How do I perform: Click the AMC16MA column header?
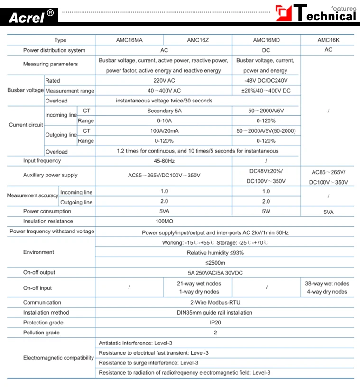tap(129, 40)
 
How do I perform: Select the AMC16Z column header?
tap(198, 40)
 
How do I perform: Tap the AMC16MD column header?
tap(266, 40)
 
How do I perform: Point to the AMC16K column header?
tap(328, 40)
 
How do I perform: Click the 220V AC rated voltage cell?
tap(164, 81)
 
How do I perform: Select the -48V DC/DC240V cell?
tap(266, 81)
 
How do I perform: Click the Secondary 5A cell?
tap(164, 111)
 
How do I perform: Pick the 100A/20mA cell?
tap(164, 130)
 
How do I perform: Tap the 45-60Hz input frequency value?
tap(164, 161)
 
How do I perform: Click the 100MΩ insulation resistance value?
tap(164, 221)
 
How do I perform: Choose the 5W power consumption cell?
tap(266, 211)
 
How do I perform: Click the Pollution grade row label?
tap(42, 333)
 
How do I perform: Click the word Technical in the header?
tap(325, 16)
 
